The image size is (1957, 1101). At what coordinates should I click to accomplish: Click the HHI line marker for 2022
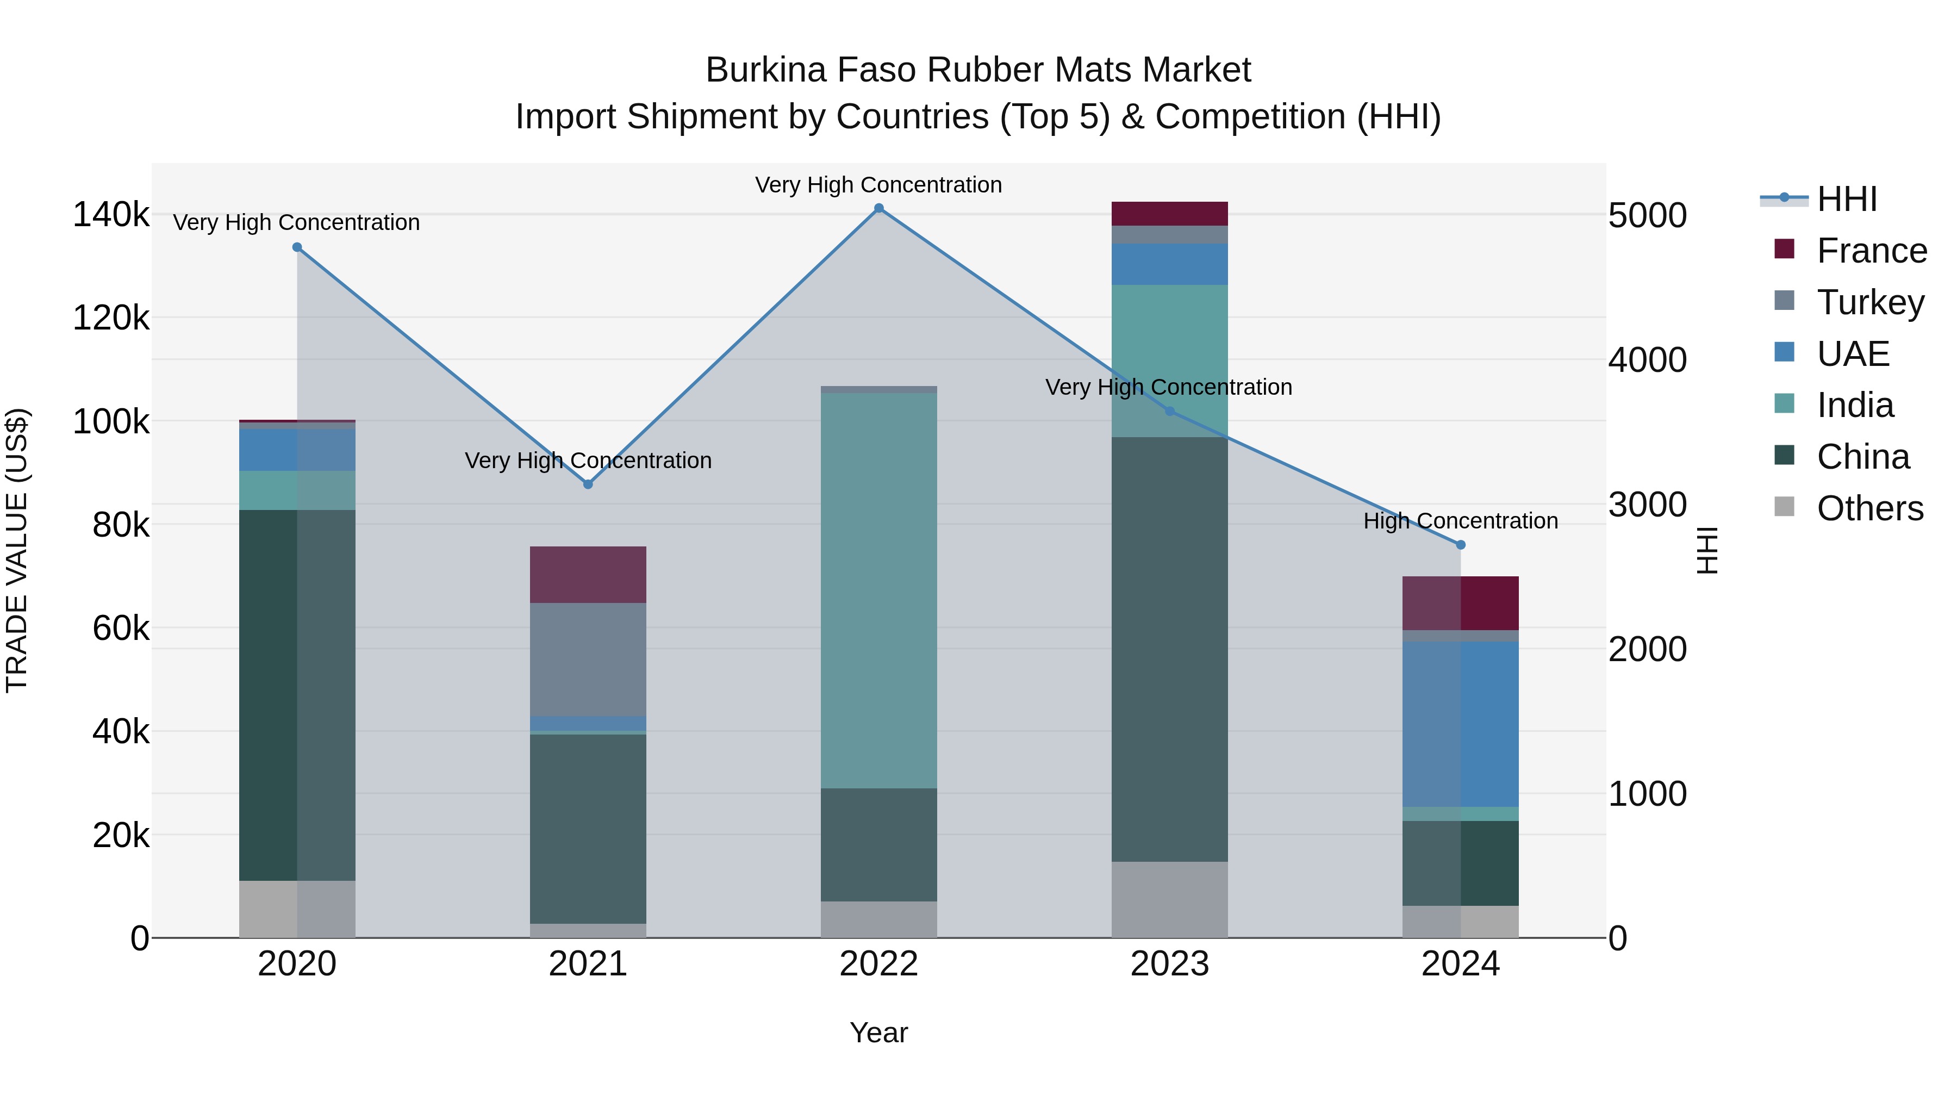[x=879, y=208]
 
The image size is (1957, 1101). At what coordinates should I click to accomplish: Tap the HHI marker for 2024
[x=1460, y=545]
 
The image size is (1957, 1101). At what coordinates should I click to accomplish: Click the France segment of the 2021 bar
[x=588, y=575]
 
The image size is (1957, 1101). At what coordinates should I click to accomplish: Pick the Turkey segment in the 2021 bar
[x=588, y=660]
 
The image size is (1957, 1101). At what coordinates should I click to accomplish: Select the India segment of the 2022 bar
[x=879, y=590]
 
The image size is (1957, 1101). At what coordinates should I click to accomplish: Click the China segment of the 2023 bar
[x=1169, y=650]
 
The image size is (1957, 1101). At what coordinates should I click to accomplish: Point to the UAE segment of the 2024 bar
[x=1460, y=724]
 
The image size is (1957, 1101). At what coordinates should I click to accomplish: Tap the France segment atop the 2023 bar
[x=1169, y=214]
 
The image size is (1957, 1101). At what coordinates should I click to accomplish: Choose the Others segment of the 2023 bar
[x=1169, y=900]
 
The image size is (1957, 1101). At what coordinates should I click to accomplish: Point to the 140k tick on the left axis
[x=111, y=215]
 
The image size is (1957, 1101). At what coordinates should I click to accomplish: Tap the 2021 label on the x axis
[x=588, y=964]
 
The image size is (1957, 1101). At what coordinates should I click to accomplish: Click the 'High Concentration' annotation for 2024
[x=1460, y=521]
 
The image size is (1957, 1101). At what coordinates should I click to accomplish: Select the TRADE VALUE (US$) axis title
[x=17, y=550]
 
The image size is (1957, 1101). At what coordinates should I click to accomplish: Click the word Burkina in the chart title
[x=766, y=70]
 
